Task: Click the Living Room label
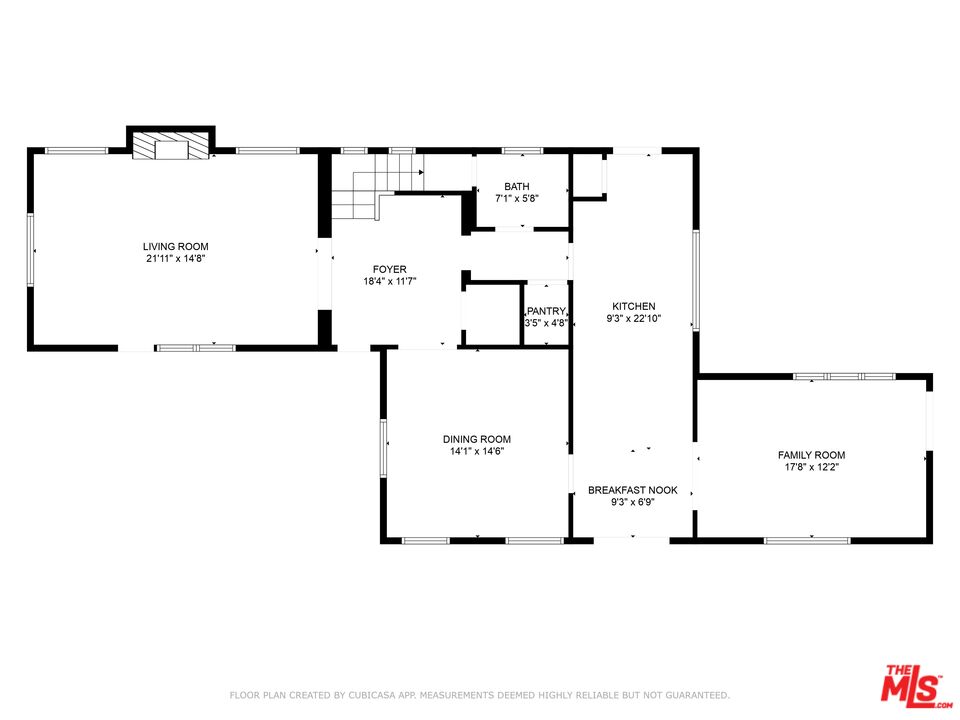coord(175,246)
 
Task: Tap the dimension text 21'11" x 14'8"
coord(175,259)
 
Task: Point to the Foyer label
coord(389,269)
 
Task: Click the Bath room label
coord(517,186)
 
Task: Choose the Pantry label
coord(547,311)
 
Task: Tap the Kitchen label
coord(634,306)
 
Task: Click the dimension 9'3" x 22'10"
coord(634,319)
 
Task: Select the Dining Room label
coord(477,439)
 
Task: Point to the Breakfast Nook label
coord(633,490)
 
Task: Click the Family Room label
coord(812,455)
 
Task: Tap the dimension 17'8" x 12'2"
coord(812,467)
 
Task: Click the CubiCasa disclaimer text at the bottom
coord(480,694)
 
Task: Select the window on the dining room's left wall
coord(383,446)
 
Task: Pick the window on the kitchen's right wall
coord(696,280)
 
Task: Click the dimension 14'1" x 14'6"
coord(477,451)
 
